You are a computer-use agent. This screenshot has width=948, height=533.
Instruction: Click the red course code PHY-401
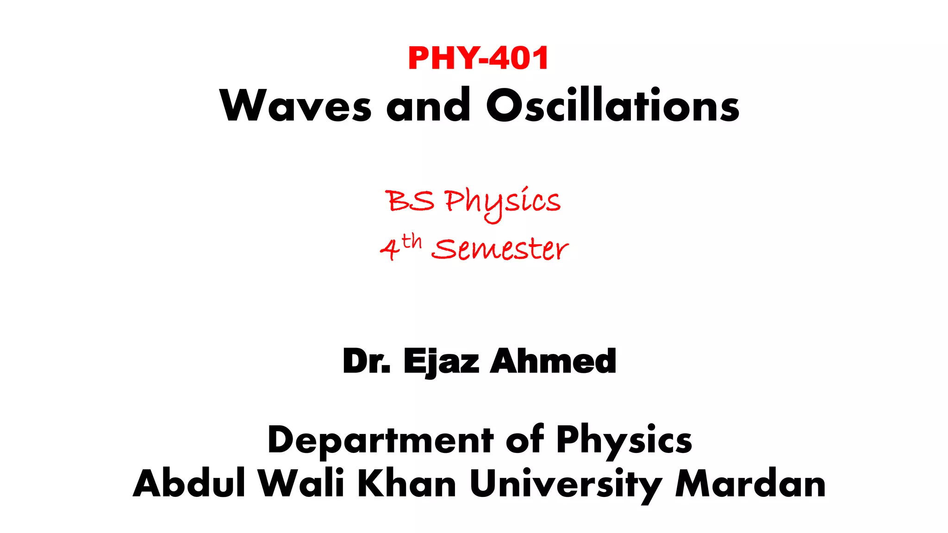coord(478,58)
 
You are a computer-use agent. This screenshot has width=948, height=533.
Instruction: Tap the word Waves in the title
coord(295,105)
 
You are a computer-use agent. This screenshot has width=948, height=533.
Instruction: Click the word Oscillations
coord(612,105)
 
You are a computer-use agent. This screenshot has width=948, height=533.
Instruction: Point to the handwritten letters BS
coord(410,201)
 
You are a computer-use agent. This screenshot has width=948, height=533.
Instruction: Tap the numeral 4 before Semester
coord(390,250)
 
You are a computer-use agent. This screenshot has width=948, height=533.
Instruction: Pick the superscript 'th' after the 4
coord(412,242)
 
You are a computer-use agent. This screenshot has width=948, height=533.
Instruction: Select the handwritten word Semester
coord(500,249)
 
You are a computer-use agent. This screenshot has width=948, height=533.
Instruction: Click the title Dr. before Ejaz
coord(367,361)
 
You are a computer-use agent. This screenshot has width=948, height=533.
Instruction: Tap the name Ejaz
coord(441,362)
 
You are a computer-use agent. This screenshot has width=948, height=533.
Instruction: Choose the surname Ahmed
coord(553,361)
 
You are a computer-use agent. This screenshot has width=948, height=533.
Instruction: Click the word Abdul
coord(189,483)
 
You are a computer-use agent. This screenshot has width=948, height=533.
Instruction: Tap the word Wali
coord(301,483)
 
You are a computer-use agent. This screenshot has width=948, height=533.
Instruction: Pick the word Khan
coord(407,483)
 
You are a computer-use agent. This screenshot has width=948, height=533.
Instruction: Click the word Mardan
coord(750,483)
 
